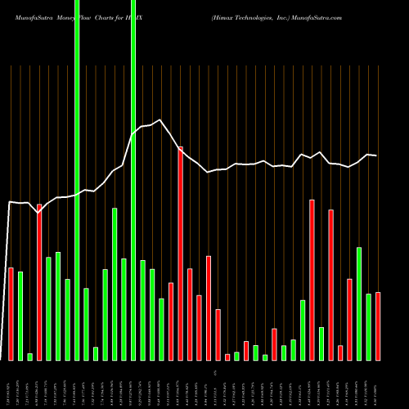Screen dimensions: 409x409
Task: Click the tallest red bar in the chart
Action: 180,254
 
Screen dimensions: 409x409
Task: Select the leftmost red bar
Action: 11,313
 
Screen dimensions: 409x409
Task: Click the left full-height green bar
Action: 77,180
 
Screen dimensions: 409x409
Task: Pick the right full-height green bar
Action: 133,180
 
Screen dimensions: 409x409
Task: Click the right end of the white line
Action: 376,155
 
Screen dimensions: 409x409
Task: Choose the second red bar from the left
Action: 39,282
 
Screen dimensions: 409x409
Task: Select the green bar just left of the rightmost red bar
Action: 369,326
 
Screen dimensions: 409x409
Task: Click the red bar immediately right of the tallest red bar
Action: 190,314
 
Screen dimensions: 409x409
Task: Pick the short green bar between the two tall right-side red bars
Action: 321,344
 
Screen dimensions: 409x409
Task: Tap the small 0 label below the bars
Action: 215,372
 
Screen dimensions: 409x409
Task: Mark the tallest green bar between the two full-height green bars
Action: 115,284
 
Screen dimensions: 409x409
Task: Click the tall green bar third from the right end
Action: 359,303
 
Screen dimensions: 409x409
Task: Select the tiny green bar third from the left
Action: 29,357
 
